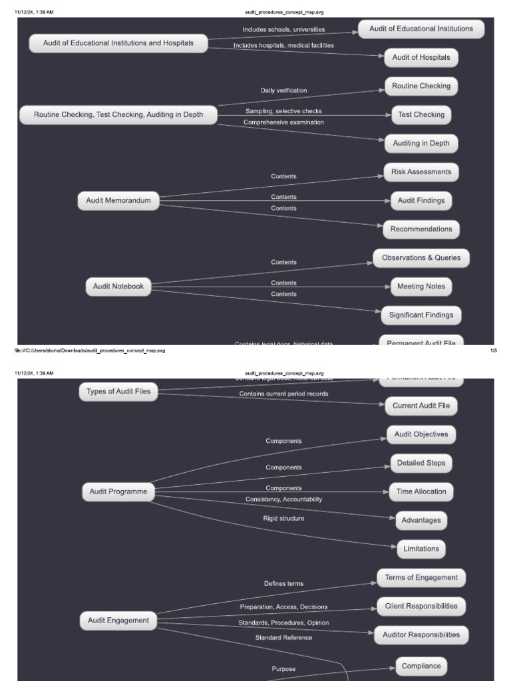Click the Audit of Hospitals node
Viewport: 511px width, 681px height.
(x=421, y=58)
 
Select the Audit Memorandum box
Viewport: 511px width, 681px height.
(x=118, y=200)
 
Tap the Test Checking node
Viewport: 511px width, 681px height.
(x=421, y=115)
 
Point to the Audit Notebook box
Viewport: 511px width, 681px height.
(x=118, y=287)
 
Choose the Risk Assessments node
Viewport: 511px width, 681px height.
(x=421, y=172)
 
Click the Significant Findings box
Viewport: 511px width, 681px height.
(x=421, y=315)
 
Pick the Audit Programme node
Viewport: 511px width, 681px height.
(x=118, y=492)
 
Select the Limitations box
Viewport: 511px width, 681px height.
(x=421, y=549)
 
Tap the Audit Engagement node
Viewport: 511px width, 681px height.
(x=118, y=620)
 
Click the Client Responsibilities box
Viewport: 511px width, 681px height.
(x=421, y=607)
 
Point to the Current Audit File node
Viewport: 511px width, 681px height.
(x=421, y=406)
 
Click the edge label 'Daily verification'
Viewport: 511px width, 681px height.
(x=283, y=90)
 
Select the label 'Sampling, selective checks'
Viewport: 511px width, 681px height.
(x=283, y=111)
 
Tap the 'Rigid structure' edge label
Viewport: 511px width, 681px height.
(x=283, y=518)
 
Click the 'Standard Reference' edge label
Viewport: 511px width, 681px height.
(x=283, y=638)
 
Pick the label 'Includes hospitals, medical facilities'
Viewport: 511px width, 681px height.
(x=283, y=45)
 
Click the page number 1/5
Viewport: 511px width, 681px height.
(x=493, y=350)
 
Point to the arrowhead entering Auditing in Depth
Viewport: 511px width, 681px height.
(x=381, y=140)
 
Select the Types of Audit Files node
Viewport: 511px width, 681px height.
(x=118, y=392)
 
